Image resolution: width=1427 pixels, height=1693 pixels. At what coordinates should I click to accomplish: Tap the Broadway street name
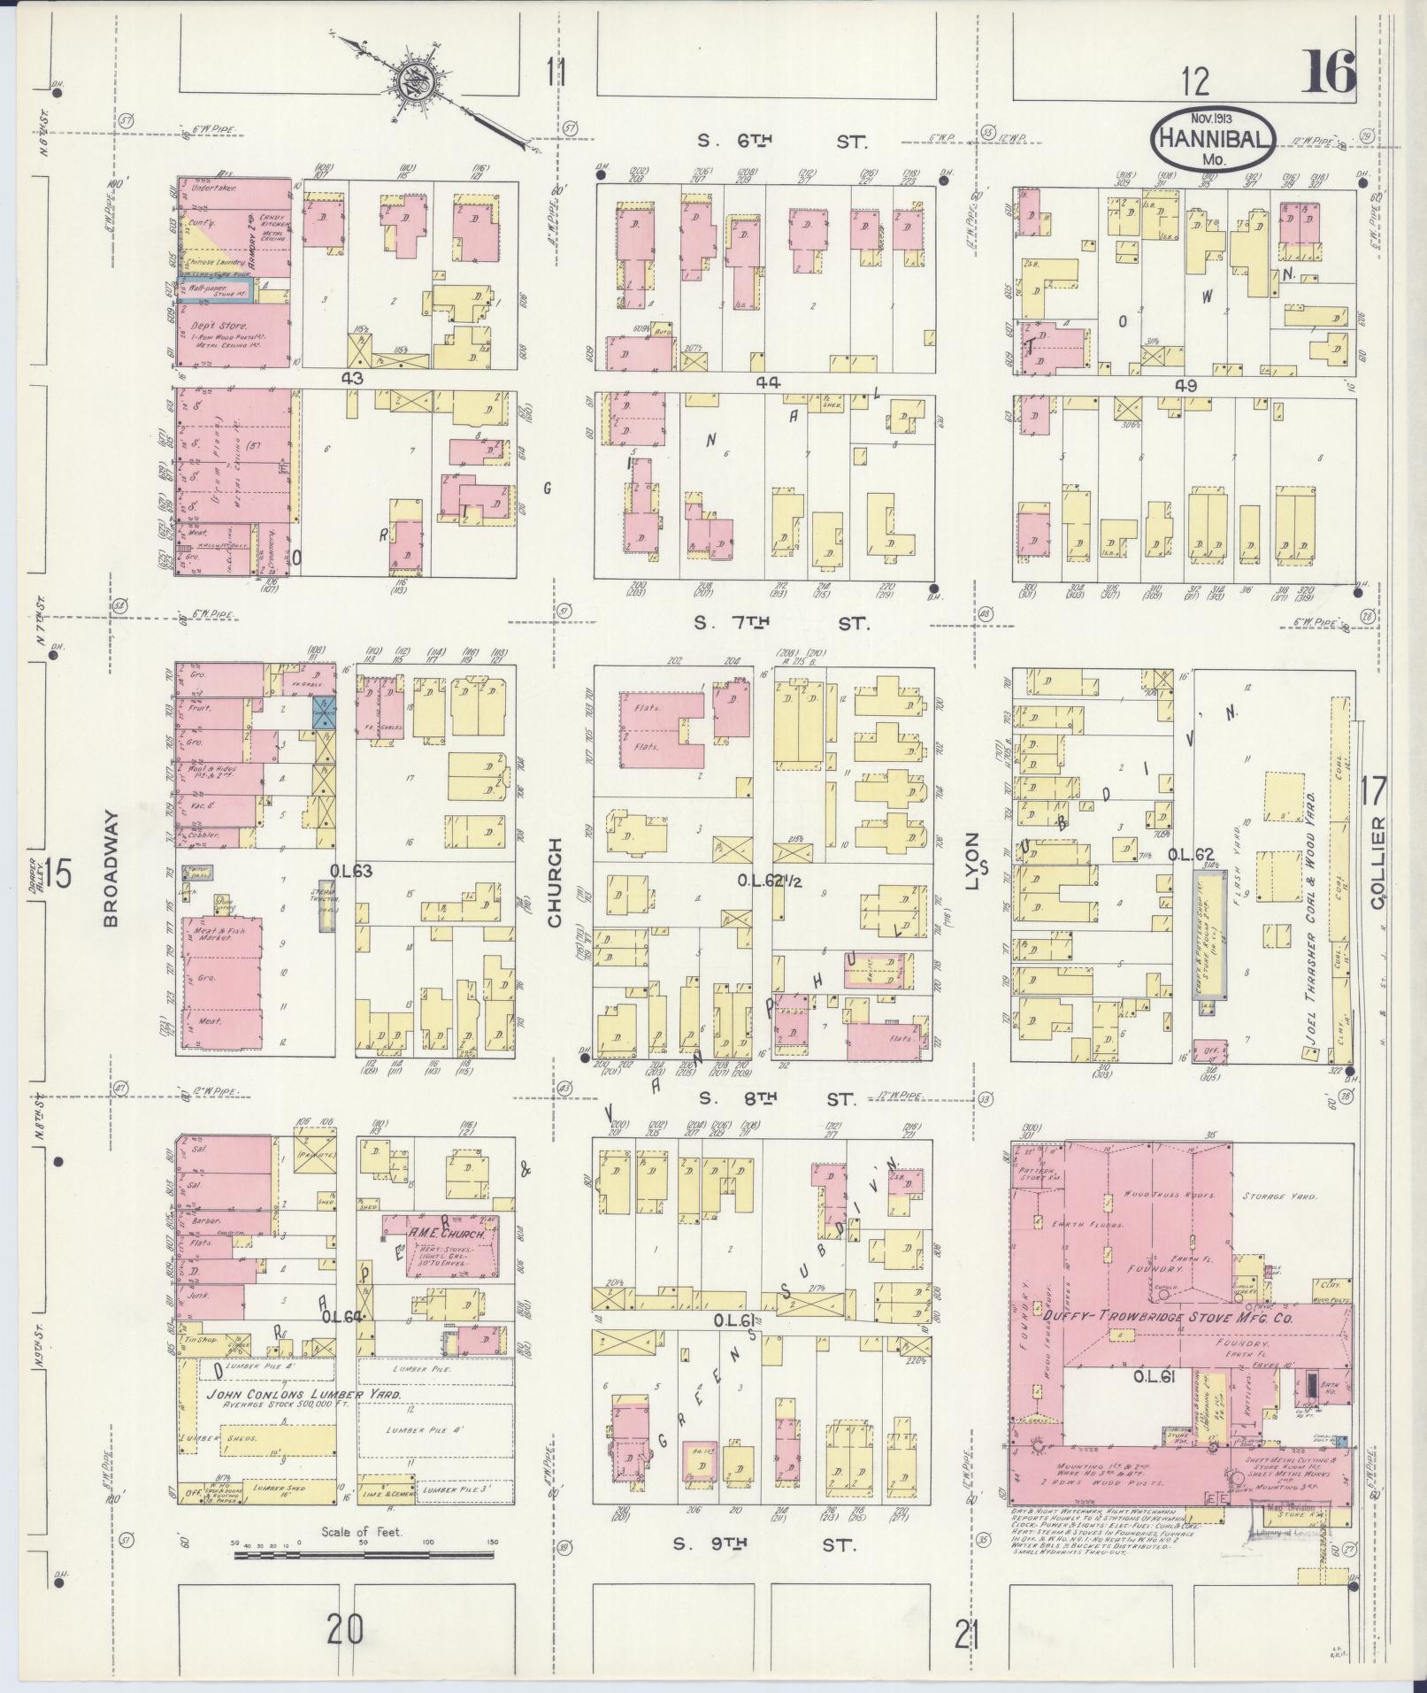click(111, 871)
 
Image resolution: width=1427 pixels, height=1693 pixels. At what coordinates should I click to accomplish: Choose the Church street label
click(555, 882)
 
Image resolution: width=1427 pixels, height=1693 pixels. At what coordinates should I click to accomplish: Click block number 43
click(354, 377)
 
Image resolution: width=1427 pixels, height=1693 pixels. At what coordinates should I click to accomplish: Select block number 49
click(1185, 386)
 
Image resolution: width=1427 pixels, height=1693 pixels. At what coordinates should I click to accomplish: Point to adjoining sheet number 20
click(344, 1627)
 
